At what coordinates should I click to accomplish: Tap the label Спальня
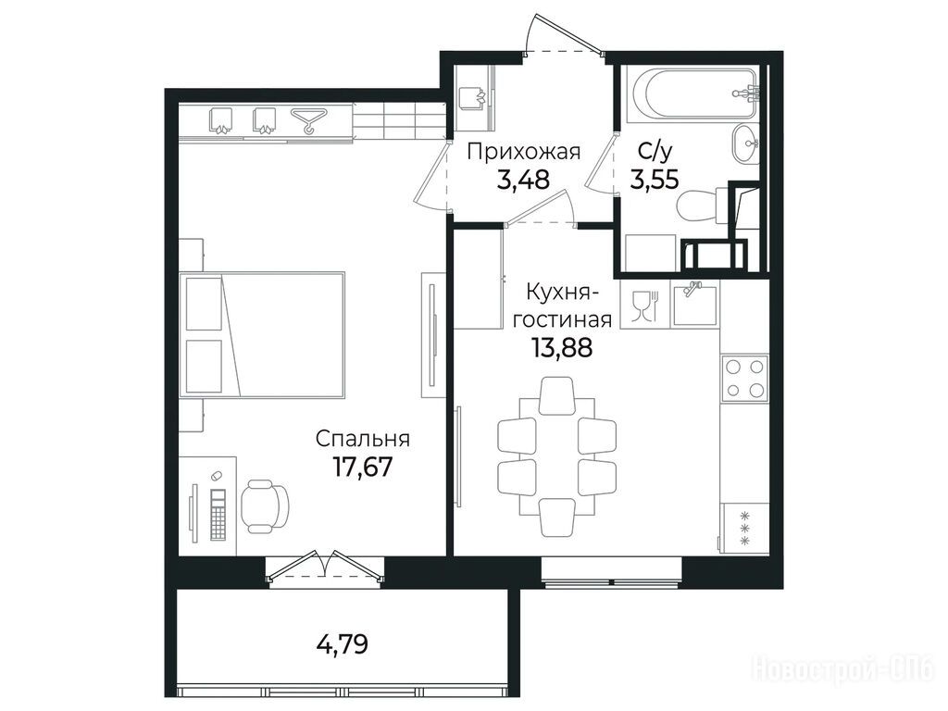click(x=362, y=438)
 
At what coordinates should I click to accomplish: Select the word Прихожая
click(x=524, y=151)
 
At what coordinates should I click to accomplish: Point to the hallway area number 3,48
click(x=524, y=179)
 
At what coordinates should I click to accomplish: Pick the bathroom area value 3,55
click(x=655, y=179)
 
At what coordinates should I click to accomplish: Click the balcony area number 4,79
click(x=343, y=644)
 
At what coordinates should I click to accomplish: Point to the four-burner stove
click(x=744, y=378)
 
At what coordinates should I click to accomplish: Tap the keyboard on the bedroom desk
click(x=218, y=514)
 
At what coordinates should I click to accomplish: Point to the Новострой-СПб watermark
click(x=845, y=670)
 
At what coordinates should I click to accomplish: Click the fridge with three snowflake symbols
click(x=745, y=528)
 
